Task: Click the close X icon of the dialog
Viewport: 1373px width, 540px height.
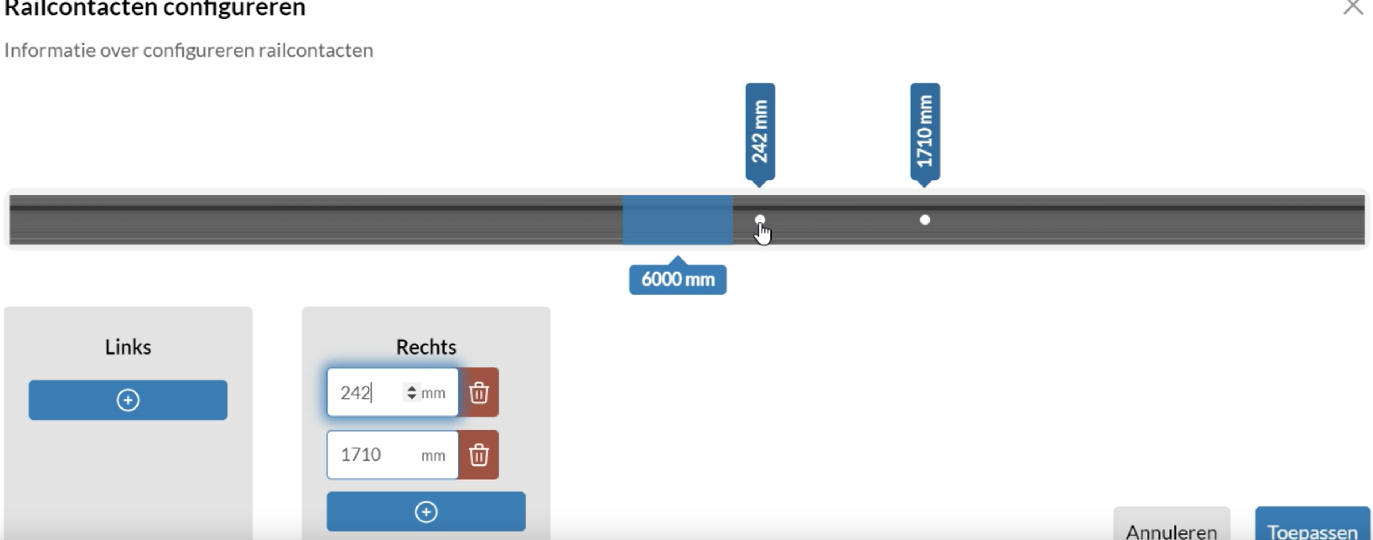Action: pyautogui.click(x=1353, y=7)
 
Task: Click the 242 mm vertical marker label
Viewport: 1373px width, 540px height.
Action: pyautogui.click(x=760, y=132)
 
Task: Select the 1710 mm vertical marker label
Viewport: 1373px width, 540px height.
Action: pyautogui.click(x=925, y=132)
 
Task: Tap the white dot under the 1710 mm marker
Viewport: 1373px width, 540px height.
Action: pyautogui.click(x=925, y=220)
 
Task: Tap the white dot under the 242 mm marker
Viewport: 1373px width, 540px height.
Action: pyautogui.click(x=760, y=220)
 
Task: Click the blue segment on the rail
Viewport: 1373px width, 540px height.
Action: pyautogui.click(x=677, y=220)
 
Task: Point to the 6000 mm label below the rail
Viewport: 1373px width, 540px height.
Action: pyautogui.click(x=677, y=279)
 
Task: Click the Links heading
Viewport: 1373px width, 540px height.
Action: pyautogui.click(x=128, y=347)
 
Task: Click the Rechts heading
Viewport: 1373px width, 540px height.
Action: pyautogui.click(x=426, y=347)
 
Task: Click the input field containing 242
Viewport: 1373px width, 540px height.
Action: pyautogui.click(x=392, y=392)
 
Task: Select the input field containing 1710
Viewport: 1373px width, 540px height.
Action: pyautogui.click(x=392, y=455)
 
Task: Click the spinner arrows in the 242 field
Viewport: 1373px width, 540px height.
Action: pyautogui.click(x=411, y=392)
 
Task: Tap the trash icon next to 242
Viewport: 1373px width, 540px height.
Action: pyautogui.click(x=478, y=392)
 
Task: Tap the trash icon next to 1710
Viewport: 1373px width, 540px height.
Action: pyautogui.click(x=478, y=455)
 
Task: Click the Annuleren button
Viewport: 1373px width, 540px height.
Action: pyautogui.click(x=1172, y=525)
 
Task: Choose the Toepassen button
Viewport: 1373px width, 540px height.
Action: pyautogui.click(x=1312, y=525)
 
